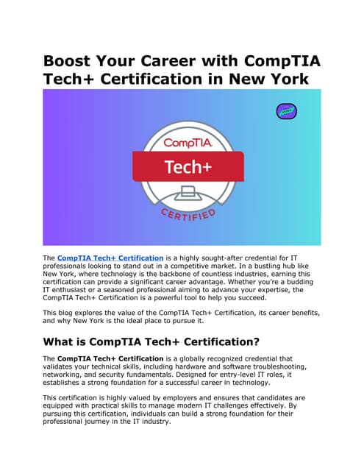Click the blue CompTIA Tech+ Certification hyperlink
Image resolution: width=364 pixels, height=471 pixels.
pos(110,258)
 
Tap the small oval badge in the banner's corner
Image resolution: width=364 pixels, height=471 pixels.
pos(286,112)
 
